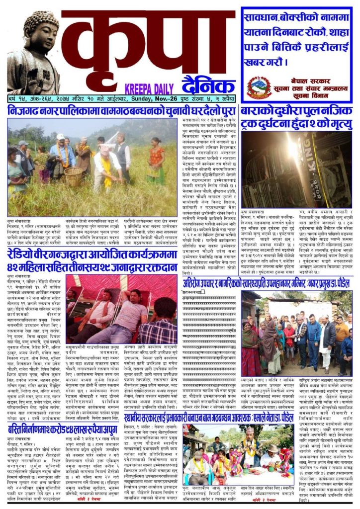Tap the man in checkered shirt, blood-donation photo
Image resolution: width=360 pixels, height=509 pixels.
[x=158, y=326]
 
